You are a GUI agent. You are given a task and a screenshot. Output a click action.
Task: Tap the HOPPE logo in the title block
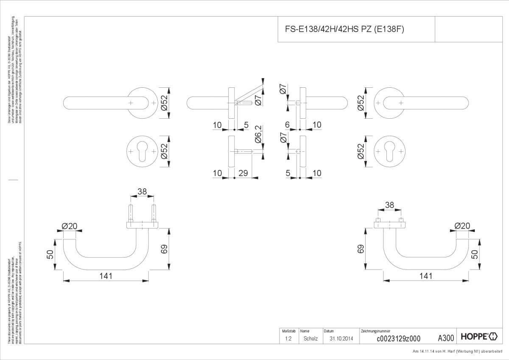click(479, 337)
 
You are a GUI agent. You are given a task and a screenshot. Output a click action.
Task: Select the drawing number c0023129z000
click(398, 338)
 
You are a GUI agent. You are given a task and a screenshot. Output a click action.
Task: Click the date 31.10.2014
click(341, 338)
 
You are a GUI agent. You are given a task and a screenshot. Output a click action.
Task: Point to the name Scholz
click(310, 338)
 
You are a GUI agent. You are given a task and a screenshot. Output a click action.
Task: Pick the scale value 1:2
click(288, 338)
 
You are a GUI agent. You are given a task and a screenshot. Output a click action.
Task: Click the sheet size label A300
click(446, 338)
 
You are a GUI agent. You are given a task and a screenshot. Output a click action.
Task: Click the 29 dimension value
click(243, 173)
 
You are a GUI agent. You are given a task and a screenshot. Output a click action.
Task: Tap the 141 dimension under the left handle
click(106, 276)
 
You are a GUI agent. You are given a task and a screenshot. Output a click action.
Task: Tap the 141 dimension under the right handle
click(425, 276)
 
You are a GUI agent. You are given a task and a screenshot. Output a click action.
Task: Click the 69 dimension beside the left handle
click(165, 249)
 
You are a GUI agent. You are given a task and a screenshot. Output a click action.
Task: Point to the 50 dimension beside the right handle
click(475, 254)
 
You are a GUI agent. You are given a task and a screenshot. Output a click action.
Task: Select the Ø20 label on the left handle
click(70, 226)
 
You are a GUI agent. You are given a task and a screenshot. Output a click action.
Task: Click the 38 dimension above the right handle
click(389, 205)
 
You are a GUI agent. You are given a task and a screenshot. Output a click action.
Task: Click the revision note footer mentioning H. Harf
click(460, 352)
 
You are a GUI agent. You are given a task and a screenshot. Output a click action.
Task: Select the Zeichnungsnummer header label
click(375, 331)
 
